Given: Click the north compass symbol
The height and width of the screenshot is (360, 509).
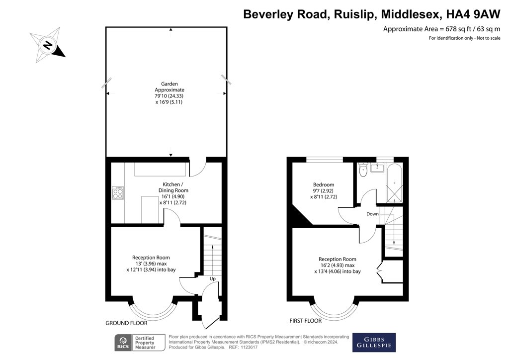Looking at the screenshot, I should pos(48,45).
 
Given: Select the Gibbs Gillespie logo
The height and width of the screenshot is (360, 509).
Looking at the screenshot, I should pos(374,342).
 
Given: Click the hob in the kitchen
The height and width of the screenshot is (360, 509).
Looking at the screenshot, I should pos(118,193).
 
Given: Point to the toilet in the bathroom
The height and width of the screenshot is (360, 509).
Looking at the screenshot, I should pos(363,170).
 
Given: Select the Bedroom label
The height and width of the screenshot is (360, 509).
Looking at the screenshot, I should pos(323,184).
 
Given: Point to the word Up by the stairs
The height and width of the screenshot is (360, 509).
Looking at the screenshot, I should pos(213,278).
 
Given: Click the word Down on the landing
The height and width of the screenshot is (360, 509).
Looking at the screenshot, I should pos(373,214).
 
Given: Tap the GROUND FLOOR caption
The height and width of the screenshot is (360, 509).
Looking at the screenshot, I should pos(126,323).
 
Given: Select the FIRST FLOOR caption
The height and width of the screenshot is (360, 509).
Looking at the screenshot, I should pos(306,321).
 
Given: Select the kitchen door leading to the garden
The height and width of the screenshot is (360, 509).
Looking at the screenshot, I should pos(197,168).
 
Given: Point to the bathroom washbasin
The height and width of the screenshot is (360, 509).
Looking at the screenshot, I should pos(377,168).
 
